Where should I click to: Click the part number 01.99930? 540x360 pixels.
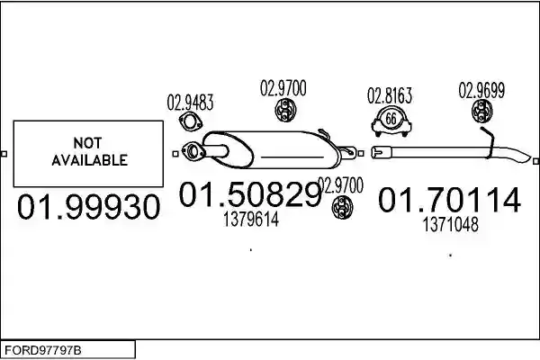pos(89,207)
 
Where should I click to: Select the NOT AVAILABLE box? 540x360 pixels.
pos(88,154)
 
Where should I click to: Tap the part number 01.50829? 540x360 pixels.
pos(250,194)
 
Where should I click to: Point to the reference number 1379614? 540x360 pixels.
pos(251,219)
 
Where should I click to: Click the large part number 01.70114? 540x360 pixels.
pos(449,200)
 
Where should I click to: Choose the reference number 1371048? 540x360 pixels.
pos(451,225)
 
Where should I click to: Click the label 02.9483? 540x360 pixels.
pos(190,103)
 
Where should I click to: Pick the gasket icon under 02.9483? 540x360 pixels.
pos(191,122)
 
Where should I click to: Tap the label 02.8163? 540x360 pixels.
pos(390,95)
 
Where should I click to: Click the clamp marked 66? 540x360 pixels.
pos(391,121)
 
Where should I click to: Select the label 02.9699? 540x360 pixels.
pos(481,90)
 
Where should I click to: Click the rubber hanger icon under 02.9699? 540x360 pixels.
pos(481,111)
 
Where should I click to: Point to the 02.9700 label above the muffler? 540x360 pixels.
pos(283,88)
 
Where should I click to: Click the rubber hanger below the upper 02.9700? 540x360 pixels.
pos(285,110)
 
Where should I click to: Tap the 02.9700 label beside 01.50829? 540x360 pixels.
pos(340,185)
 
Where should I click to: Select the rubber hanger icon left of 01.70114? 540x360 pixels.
pos(342,207)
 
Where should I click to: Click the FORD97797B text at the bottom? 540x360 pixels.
pos(43,350)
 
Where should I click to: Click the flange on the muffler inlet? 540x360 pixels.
pos(193,152)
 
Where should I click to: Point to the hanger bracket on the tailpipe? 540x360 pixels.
pos(489,142)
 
